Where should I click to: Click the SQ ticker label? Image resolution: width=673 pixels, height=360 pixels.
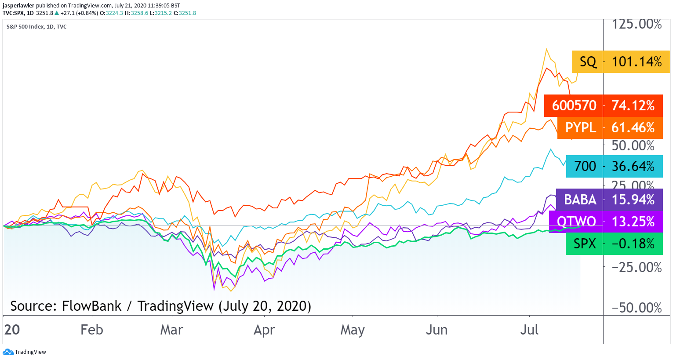coord(587,62)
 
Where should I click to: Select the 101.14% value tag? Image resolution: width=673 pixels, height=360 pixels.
coord(637,62)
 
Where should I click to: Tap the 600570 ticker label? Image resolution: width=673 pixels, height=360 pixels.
coord(574,106)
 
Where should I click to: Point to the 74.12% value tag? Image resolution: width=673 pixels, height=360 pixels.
coord(633,106)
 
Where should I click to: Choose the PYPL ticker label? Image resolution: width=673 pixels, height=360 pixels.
coord(580,128)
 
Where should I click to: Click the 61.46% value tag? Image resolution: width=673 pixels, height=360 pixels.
coord(633,128)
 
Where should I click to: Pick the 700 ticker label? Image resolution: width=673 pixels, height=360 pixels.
coord(585,167)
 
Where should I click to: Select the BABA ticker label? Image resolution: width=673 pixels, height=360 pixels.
coord(580,200)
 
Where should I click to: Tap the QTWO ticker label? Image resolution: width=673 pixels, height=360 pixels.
coord(576,222)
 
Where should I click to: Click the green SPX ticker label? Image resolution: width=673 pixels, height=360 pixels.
coord(584,244)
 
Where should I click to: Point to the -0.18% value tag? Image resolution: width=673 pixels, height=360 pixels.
coord(633,244)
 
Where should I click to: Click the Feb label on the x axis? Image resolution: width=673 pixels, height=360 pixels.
coord(91,330)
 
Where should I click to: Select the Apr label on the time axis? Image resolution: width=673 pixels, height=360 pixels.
coord(264,330)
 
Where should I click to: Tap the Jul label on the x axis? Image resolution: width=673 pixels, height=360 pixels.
coord(529,330)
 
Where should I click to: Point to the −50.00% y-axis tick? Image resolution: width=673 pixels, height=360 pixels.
coord(637,308)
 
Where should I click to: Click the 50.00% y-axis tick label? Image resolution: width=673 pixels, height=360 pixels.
coord(633,146)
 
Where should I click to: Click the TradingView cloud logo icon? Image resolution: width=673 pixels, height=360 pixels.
coord(8,352)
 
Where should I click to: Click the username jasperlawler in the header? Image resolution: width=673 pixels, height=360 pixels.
coord(18,6)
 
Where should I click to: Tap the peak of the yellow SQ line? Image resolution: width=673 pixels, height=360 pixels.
coord(546,49)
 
